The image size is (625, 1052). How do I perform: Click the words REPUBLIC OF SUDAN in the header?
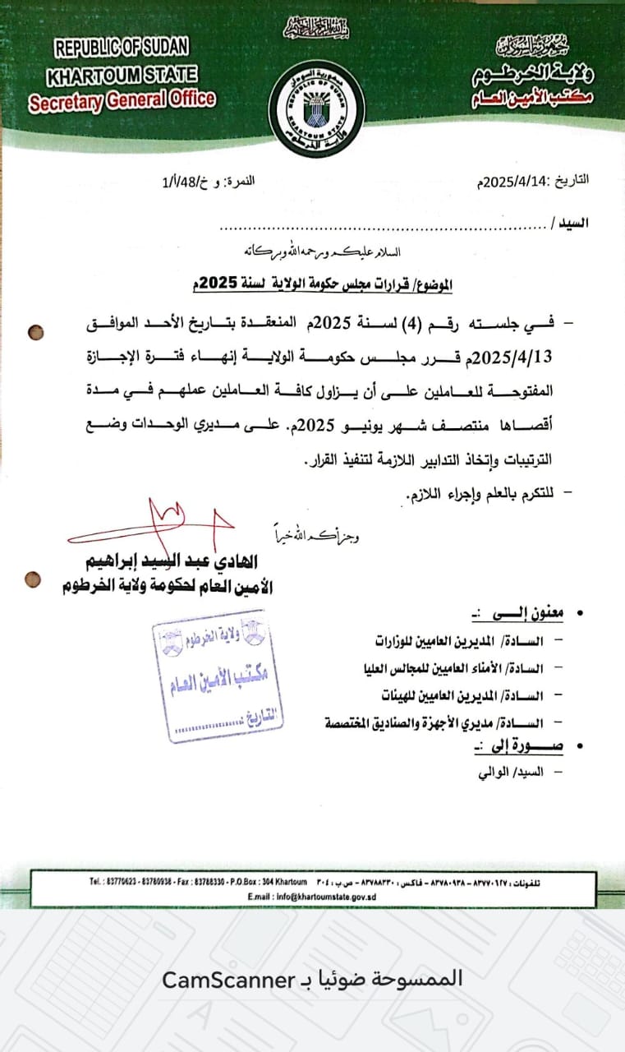click(122, 48)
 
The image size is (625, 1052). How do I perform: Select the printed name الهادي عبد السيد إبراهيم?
click(165, 563)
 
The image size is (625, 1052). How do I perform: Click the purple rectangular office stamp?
click(217, 674)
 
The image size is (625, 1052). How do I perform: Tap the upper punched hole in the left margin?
click(36, 333)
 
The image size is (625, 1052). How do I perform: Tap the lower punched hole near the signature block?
click(34, 579)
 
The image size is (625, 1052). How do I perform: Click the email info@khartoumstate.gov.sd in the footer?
click(311, 897)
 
